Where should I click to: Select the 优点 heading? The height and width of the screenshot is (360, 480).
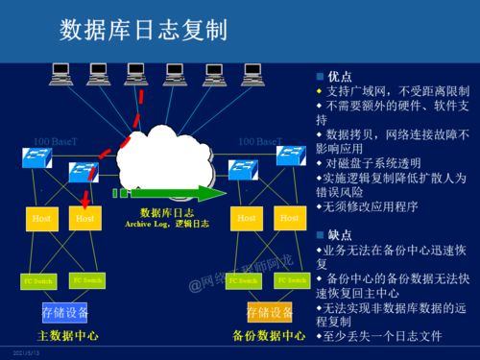pyautogui.click(x=339, y=75)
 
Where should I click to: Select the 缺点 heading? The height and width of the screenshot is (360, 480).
pyautogui.click(x=339, y=234)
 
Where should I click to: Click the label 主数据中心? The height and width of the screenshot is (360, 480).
pyautogui.click(x=66, y=336)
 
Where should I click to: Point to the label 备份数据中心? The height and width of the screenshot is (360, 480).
pyautogui.click(x=268, y=336)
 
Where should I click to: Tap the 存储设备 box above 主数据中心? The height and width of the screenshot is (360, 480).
pyautogui.click(x=64, y=312)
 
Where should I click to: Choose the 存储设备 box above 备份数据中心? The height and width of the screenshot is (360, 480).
pyautogui.click(x=268, y=312)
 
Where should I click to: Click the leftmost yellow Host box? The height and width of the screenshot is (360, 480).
pyautogui.click(x=41, y=219)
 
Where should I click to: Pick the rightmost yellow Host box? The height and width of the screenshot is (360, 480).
pyautogui.click(x=289, y=219)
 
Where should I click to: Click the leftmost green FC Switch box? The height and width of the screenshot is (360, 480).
pyautogui.click(x=37, y=281)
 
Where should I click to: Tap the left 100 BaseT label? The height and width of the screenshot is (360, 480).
pyautogui.click(x=55, y=142)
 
